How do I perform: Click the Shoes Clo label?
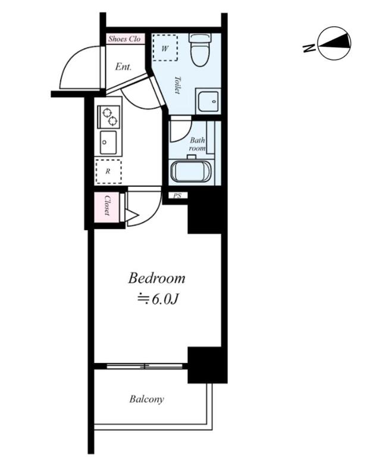point(124,39)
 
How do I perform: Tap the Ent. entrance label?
point(123,67)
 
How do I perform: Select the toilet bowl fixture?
point(200,49)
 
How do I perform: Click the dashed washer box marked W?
point(165,48)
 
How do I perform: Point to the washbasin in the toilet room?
point(208,101)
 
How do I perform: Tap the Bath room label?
point(197,145)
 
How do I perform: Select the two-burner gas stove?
point(109,117)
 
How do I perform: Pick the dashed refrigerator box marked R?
point(108,171)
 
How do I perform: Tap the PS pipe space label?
point(177,196)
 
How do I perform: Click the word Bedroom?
point(156,278)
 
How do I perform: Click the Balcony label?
point(146,399)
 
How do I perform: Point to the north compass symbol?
point(334,42)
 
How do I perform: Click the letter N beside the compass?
point(309,48)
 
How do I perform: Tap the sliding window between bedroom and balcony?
point(145,366)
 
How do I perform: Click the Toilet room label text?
point(177,84)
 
